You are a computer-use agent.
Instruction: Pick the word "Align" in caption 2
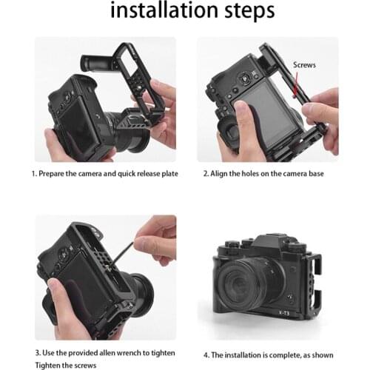[224, 175]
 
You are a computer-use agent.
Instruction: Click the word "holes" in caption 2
[260, 175]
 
